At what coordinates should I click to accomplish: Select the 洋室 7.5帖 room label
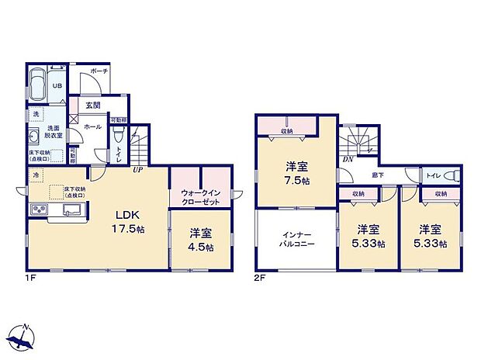tap(296, 172)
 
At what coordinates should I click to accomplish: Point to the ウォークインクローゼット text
tap(199, 197)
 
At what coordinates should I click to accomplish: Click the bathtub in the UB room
tap(39, 86)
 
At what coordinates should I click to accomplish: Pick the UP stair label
tap(137, 169)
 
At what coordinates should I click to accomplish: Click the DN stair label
tap(348, 159)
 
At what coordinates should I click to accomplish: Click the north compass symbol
tap(22, 336)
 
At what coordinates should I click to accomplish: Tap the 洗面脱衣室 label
tap(54, 132)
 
